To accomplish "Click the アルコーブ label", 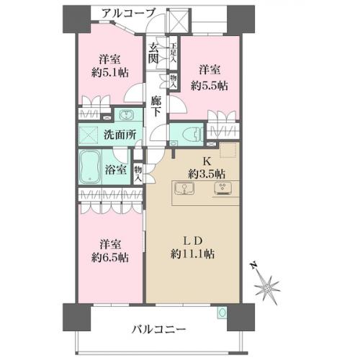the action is (x=129, y=13).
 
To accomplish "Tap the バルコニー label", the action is (x=159, y=329).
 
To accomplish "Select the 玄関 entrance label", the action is (x=153, y=53).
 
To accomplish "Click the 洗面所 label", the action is (x=120, y=135).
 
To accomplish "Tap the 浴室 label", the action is (x=115, y=170).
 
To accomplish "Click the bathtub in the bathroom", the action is (x=89, y=167).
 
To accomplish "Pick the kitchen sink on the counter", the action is (x=184, y=189).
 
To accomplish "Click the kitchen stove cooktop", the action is (x=222, y=188).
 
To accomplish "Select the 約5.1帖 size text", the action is (x=110, y=73).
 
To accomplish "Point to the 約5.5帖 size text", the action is (x=210, y=86).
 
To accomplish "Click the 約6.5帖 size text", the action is (x=110, y=258).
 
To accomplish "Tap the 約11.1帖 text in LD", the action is (x=193, y=253).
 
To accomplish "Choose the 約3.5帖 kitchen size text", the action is (x=207, y=174).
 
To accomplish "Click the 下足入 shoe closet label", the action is (x=174, y=53).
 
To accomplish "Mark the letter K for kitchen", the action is (x=207, y=161).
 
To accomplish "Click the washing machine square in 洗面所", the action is (x=89, y=135).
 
